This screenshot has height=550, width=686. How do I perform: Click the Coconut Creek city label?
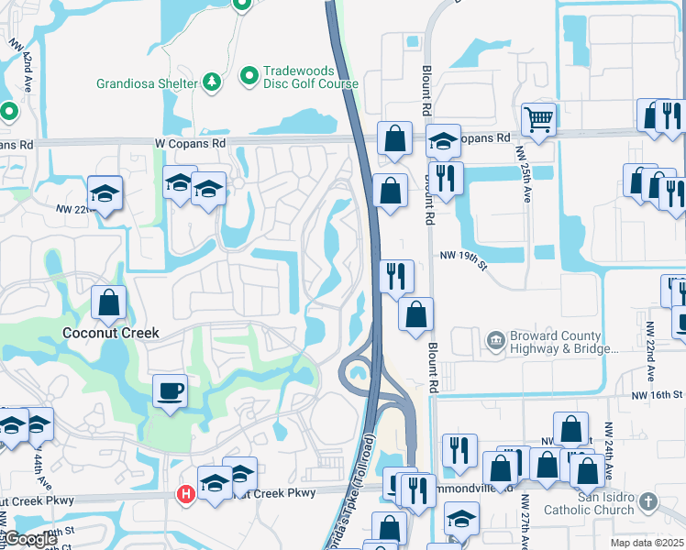(x=110, y=333)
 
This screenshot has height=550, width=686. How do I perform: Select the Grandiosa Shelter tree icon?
(x=212, y=83)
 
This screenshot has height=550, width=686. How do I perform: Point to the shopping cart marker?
(x=538, y=118)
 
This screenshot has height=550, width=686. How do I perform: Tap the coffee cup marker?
(x=170, y=391)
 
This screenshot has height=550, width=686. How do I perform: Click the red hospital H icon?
(x=184, y=494)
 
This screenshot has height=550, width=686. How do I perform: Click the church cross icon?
(x=648, y=501)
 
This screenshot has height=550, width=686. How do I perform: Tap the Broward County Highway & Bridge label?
(x=557, y=343)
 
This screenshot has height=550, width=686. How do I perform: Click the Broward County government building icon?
(x=496, y=341)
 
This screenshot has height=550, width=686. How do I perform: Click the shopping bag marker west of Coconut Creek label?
(x=109, y=302)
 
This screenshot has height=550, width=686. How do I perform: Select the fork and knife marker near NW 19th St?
(x=396, y=276)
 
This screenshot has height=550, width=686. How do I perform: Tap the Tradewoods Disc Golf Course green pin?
(x=249, y=76)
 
